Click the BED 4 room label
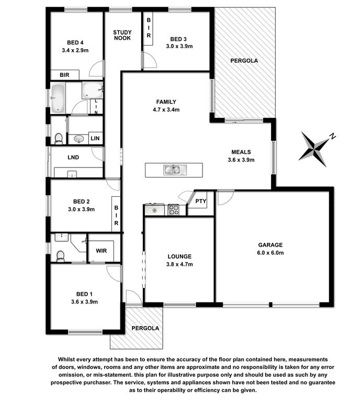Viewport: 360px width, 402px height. [x=75, y=42]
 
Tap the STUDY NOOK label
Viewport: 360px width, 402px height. [x=122, y=35]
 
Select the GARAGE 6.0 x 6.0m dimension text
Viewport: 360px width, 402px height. [x=271, y=253]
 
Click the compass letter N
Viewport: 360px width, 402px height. [x=332, y=136]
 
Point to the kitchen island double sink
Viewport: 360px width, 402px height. [x=174, y=170]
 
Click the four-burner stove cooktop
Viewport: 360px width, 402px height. [x=174, y=209]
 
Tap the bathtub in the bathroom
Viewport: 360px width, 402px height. [x=58, y=98]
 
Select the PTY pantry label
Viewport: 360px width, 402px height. [x=200, y=201]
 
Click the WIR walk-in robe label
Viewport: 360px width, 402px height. [x=101, y=251]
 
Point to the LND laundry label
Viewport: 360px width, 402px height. [x=73, y=158]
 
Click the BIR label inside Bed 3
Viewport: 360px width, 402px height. [x=149, y=28]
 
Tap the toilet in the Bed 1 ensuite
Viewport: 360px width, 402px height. [x=60, y=256]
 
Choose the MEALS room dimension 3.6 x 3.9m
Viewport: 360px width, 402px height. [x=241, y=160]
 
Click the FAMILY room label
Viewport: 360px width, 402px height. [x=166, y=102]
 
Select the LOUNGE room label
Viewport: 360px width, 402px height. [x=179, y=256]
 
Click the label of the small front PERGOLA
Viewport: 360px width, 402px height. [x=145, y=328]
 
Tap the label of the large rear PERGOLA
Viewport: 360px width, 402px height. [x=244, y=61]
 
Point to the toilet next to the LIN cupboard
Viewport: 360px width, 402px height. [x=59, y=138]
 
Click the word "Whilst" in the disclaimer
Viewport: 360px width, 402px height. [x=66, y=360]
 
